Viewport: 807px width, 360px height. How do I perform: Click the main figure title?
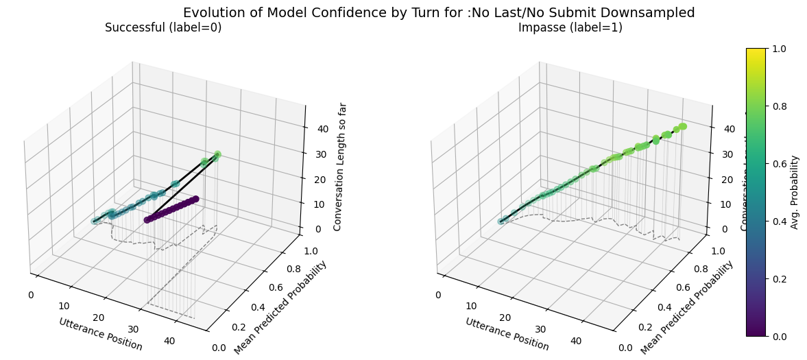439,12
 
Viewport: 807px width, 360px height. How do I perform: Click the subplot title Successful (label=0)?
163,27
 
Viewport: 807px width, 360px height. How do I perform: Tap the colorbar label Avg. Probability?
795,192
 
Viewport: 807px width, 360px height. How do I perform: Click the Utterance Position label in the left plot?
101,334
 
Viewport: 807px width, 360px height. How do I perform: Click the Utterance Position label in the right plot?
507,334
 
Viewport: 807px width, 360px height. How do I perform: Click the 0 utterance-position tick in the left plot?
31,295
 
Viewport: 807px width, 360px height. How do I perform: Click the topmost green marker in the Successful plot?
217,155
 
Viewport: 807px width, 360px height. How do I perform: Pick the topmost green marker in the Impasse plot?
683,126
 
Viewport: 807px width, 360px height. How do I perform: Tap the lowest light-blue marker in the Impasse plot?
501,221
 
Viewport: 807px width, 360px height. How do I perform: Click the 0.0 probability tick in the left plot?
219,348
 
